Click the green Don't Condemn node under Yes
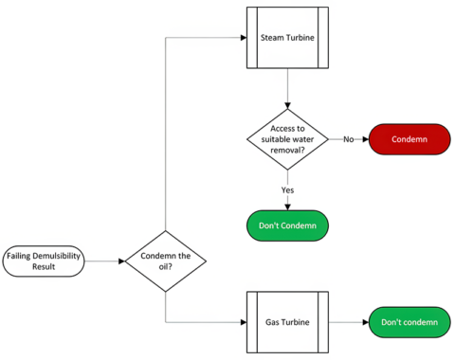[x=286, y=225]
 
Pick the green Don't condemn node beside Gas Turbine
[x=409, y=322]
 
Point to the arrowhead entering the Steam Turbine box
[x=242, y=39]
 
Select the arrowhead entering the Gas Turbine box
[x=242, y=322]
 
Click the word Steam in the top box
[x=274, y=39]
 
